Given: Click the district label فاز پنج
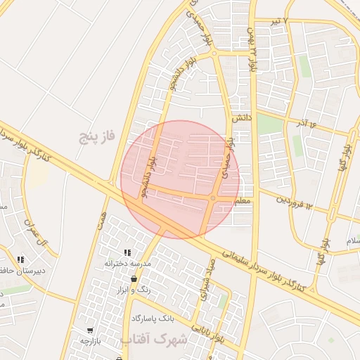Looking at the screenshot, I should click(x=96, y=136).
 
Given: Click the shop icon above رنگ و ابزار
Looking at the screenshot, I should click(x=134, y=279).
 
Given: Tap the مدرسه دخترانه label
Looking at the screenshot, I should click(x=129, y=263).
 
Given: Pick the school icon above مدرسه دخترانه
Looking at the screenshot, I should click(x=127, y=252).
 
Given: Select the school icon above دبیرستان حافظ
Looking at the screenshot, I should click(x=20, y=259).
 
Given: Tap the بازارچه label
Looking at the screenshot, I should click(x=92, y=341).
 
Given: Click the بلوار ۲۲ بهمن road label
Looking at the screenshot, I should click(x=250, y=49).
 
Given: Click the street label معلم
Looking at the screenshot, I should click(x=241, y=200).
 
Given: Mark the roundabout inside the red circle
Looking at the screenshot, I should click(x=213, y=199).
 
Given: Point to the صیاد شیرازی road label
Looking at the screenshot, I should click(x=208, y=280).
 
